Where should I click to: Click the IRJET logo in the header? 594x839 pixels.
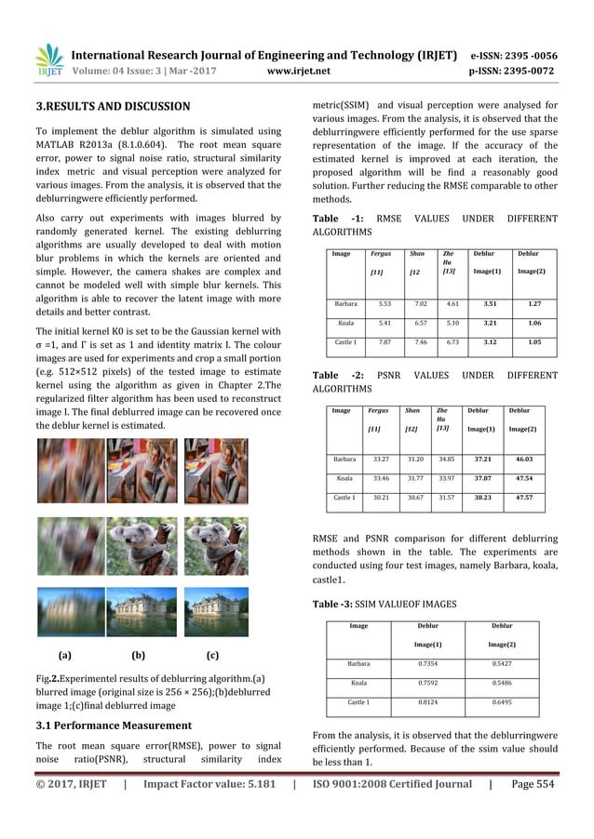[48, 60]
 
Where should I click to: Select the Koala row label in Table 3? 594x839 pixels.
[358, 681]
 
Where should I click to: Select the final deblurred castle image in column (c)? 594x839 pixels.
[215, 610]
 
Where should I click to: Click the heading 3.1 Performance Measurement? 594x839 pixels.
[114, 725]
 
